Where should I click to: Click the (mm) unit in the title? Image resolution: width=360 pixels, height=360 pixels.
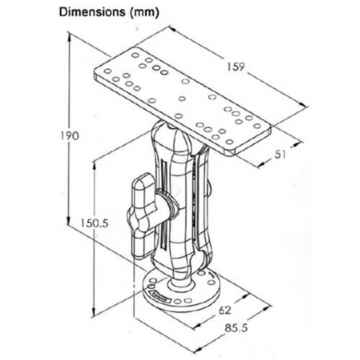coord(143,12)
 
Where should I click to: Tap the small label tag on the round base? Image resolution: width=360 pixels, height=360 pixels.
coord(160,295)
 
